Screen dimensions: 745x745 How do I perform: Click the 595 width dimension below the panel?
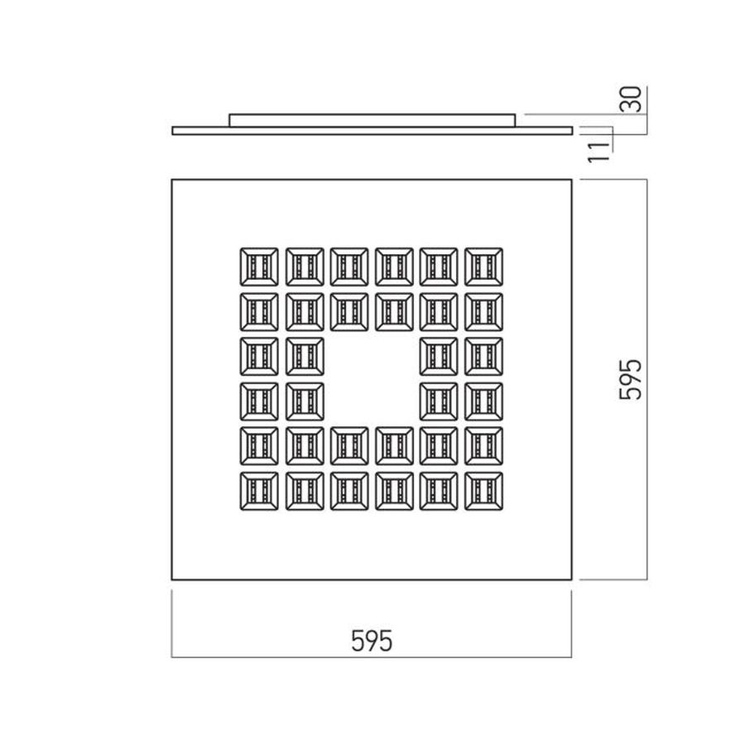click(372, 641)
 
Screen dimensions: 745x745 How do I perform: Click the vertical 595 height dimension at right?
click(631, 379)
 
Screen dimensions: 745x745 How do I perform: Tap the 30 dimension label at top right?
click(632, 99)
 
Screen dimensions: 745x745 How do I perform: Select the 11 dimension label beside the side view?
click(598, 151)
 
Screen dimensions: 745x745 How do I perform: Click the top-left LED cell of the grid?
click(259, 267)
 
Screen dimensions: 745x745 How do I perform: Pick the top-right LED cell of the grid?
click(483, 267)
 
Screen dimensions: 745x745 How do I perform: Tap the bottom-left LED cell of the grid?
click(259, 491)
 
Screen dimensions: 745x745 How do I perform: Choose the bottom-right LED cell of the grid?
click(483, 491)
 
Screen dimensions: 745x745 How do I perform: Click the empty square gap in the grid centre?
click(372, 379)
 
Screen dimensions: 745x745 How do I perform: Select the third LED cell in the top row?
click(349, 267)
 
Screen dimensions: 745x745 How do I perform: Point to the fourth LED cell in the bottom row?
click(394, 491)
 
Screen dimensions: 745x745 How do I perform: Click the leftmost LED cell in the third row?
click(259, 356)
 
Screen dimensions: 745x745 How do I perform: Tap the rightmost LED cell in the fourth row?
click(483, 401)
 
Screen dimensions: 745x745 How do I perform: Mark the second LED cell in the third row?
click(305, 356)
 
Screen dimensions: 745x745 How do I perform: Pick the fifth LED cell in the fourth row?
click(439, 401)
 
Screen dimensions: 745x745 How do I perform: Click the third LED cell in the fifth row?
click(349, 446)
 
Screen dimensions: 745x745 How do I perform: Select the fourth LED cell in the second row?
click(394, 312)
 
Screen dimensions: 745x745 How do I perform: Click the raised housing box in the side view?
click(372, 120)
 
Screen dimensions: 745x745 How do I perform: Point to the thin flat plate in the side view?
click(372, 131)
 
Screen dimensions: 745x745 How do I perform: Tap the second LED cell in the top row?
click(305, 267)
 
